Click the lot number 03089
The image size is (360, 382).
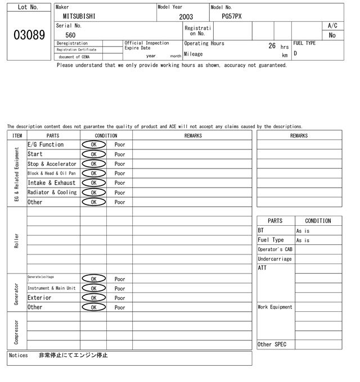[29, 35]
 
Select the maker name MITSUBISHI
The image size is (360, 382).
[79, 17]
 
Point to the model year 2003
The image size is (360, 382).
[186, 17]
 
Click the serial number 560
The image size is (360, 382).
[70, 35]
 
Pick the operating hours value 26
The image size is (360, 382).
[272, 46]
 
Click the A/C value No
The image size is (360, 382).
[332, 35]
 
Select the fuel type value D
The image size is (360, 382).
[295, 54]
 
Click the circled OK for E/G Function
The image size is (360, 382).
[93, 145]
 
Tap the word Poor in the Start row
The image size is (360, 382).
[120, 154]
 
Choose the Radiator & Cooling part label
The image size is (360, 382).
[52, 193]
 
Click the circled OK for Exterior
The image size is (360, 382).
[93, 298]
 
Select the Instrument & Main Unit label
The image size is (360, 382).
[51, 289]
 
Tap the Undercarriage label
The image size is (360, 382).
[274, 259]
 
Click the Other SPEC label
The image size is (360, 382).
[272, 344]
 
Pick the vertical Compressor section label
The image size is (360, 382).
[17, 333]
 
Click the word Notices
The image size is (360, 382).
[19, 356]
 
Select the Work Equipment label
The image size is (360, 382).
[275, 307]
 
